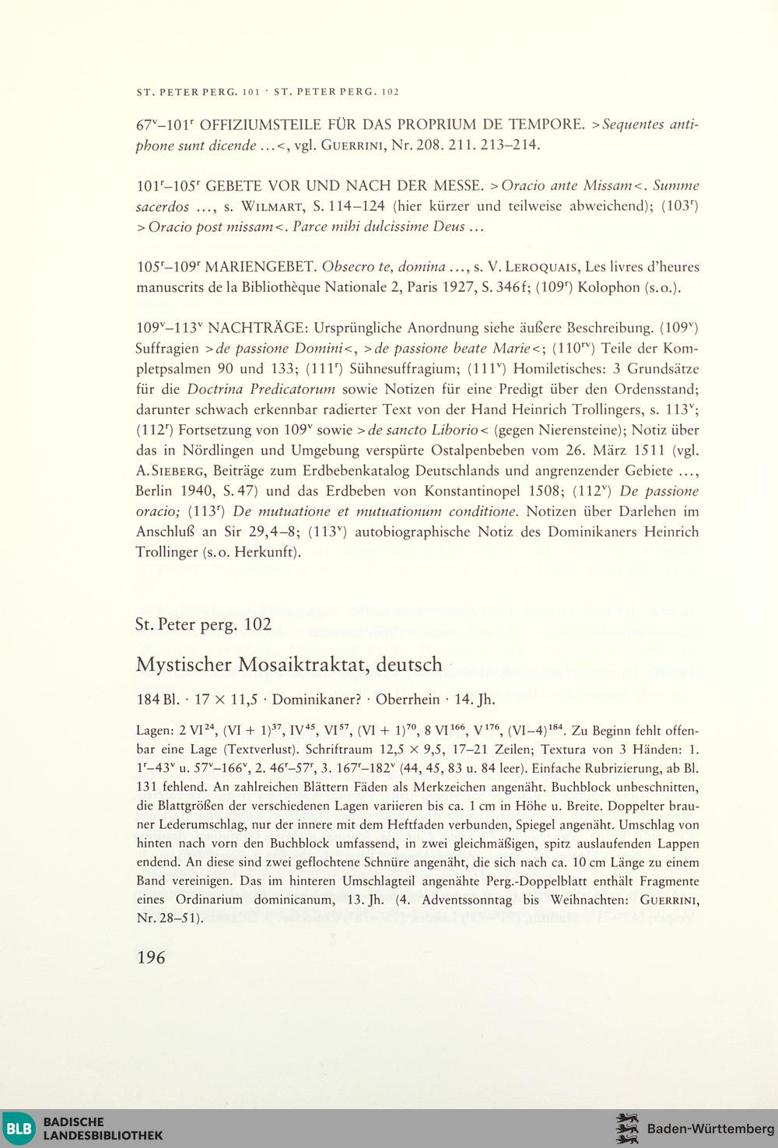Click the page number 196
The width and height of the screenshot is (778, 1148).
click(151, 957)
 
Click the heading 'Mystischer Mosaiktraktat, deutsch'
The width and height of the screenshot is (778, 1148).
click(289, 665)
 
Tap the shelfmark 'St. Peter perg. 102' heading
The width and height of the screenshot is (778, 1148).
click(203, 624)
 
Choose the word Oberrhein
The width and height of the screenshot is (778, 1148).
click(408, 699)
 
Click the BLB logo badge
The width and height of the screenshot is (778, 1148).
click(19, 1129)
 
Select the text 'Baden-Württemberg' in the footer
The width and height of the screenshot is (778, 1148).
click(710, 1129)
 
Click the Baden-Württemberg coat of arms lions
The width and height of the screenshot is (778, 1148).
click(627, 1129)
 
